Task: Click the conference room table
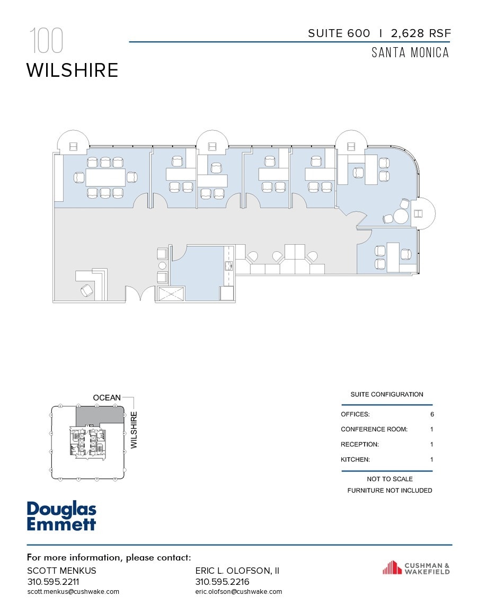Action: click(105, 177)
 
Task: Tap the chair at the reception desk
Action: click(86, 290)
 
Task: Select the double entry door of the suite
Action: click(140, 293)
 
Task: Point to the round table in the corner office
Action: click(400, 217)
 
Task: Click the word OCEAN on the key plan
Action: click(107, 397)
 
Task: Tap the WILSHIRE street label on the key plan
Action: click(134, 430)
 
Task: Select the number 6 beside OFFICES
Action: click(432, 414)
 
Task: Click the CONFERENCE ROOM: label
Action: click(374, 429)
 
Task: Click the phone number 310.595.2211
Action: click(51, 581)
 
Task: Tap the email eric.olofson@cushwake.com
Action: click(238, 591)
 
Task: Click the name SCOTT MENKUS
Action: click(61, 571)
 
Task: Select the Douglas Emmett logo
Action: click(61, 517)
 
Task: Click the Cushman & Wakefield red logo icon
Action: click(392, 568)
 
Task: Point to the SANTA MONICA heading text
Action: click(410, 53)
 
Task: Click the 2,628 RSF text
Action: click(421, 33)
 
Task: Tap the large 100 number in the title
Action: click(47, 41)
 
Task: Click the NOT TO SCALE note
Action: click(390, 479)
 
